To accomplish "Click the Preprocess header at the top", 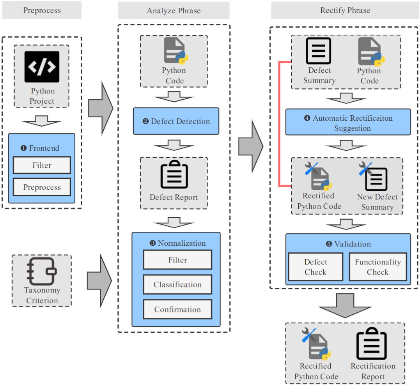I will click(42, 10).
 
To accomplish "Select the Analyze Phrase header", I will click(174, 11).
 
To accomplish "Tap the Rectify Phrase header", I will click(345, 10).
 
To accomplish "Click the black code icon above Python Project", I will click(42, 67).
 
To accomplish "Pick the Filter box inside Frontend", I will click(42, 165).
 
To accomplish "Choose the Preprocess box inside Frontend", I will click(42, 187).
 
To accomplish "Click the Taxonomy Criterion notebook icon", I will click(42, 271).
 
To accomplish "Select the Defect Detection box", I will click(175, 121).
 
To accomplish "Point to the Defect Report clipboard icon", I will click(174, 176).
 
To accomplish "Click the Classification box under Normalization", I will click(177, 284).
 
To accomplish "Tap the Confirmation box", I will click(177, 309).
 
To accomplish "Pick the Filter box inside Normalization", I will click(177, 260).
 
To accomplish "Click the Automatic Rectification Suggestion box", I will click(348, 122).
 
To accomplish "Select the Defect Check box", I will click(315, 267).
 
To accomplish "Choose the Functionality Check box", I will click(377, 267).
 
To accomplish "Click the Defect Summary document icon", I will click(319, 51).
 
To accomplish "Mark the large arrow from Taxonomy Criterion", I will click(99, 280).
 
